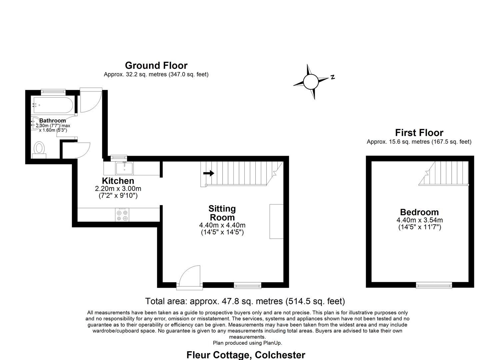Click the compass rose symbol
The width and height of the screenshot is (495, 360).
pos(311,81)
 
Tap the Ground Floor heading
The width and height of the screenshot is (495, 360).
pos(156,65)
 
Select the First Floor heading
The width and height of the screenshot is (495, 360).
pos(419,133)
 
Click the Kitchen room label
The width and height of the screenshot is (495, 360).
pos(118,181)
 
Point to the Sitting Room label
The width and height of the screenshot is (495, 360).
pos(222,213)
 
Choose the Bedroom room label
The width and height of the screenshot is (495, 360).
pos(419,212)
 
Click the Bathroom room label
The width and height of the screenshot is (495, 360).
pos(52,120)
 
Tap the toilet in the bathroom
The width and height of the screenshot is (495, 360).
pos(39,149)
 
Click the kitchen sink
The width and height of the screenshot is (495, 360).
pos(124,168)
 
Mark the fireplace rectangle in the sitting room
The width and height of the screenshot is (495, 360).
pos(276,221)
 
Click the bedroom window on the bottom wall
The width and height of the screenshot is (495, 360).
pos(434,285)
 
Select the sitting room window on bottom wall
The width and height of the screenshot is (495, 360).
pos(247,285)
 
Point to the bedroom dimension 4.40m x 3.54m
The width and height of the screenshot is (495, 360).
pos(419,220)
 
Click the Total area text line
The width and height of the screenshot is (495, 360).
pos(245,301)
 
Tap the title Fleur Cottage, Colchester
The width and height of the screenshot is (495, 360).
pos(246,355)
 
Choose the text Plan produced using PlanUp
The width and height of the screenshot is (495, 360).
pos(247,343)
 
